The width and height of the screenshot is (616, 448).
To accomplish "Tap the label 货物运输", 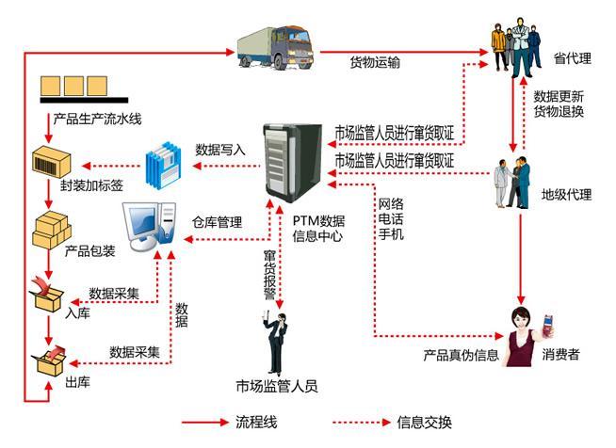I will click(374, 64).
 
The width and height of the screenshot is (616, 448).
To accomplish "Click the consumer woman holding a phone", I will click(524, 334).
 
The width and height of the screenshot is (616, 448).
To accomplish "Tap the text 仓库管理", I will click(218, 223).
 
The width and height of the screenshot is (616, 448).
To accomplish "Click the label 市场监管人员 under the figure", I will click(276, 386).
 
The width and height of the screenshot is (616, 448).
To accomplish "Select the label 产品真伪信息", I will click(459, 356).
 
